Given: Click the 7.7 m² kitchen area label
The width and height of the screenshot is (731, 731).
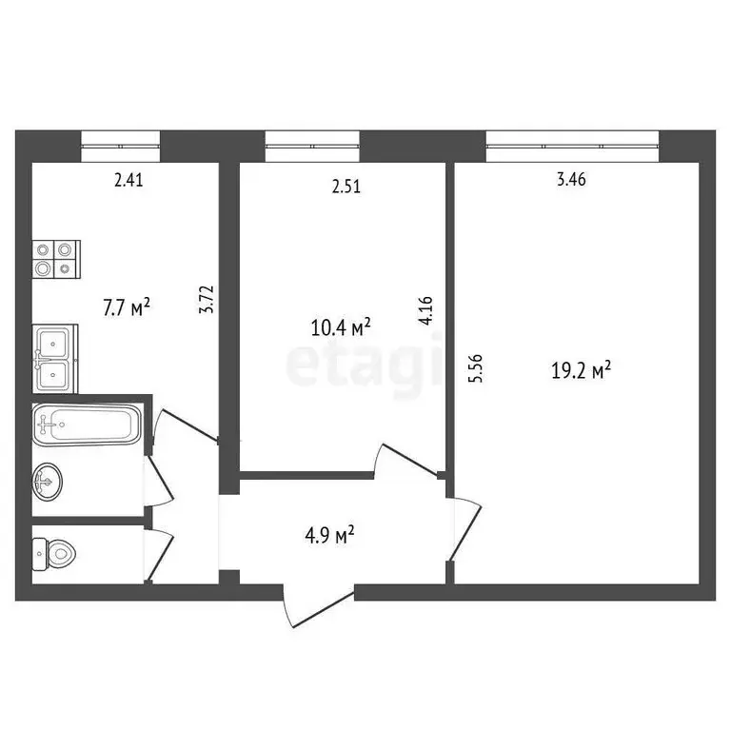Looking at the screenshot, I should [128, 307].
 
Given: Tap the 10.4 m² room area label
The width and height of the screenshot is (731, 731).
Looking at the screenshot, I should [341, 328].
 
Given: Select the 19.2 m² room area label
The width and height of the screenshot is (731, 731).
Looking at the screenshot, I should [580, 369].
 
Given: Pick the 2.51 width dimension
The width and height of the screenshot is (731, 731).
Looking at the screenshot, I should [346, 188].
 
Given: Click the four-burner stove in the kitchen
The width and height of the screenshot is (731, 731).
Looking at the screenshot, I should [55, 259].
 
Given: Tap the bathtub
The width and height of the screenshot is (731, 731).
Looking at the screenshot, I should [87, 423].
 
